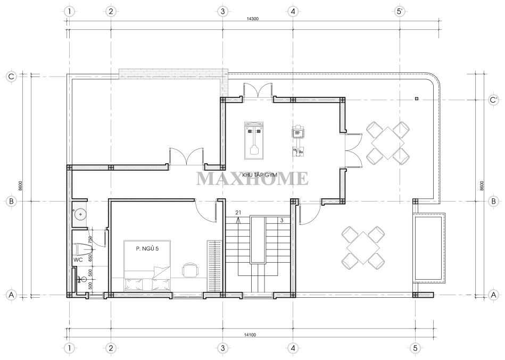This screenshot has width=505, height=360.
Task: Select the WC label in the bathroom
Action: pos(79,259)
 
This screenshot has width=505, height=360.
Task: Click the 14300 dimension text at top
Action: pos(252,19)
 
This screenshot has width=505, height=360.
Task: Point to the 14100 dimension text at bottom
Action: pos(250,335)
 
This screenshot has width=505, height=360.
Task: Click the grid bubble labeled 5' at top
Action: pos(400,11)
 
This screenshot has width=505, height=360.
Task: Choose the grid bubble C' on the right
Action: pos(493,100)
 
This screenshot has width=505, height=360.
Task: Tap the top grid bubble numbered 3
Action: pos(222,11)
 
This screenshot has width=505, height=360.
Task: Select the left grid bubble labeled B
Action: pos(11,202)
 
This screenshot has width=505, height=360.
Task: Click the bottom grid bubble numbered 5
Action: pos(416,348)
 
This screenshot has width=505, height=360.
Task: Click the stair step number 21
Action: pos(238,212)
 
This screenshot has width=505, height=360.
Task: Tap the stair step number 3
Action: pos(282,221)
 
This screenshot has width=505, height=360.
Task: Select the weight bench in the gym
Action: pos(254,140)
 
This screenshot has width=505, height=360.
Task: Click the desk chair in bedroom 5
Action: pos(189,270)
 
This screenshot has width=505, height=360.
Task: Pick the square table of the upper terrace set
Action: pos(388,143)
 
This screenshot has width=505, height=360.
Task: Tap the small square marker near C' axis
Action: pos(417,98)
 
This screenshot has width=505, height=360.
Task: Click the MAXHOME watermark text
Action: pos(252,179)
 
